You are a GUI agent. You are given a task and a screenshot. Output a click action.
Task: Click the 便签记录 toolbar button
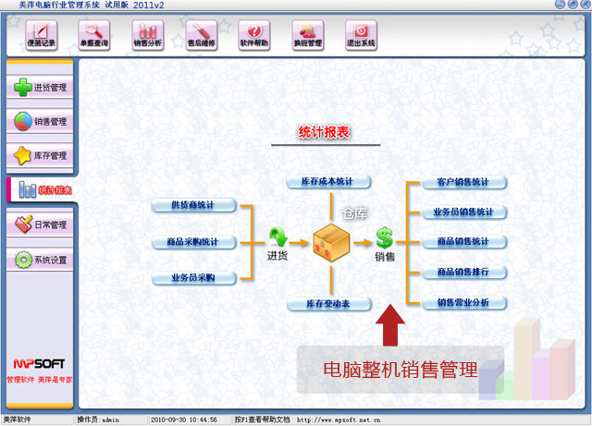(41, 35)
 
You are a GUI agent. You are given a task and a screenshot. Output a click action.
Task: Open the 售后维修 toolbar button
(201, 35)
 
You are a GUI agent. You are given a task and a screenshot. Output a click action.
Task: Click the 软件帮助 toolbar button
(254, 35)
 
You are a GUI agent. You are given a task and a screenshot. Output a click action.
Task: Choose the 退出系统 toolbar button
(361, 35)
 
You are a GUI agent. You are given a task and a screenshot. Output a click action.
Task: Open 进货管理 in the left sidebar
(41, 88)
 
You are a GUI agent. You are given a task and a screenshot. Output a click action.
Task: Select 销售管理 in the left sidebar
(41, 121)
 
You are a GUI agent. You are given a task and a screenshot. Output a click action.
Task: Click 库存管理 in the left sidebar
(41, 155)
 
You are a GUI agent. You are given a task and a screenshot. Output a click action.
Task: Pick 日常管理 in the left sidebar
(41, 225)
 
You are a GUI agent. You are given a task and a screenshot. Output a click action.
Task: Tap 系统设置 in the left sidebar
(41, 260)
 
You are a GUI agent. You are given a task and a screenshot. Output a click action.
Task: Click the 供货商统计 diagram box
(194, 205)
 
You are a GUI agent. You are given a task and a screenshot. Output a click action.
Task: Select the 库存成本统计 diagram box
(327, 181)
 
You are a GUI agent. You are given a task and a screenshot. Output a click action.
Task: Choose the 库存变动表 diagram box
(327, 304)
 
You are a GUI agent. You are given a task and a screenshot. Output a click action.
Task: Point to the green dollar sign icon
(384, 238)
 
